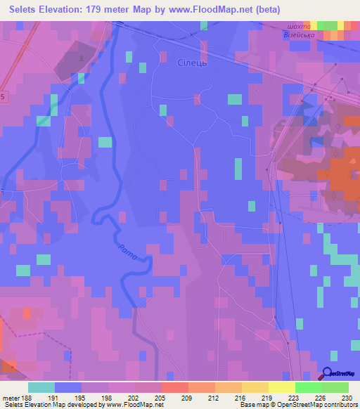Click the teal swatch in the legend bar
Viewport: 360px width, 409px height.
pyautogui.click(x=41, y=387)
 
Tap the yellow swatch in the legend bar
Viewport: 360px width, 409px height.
pyautogui.click(x=282, y=387)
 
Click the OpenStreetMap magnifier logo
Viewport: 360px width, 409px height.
pyautogui.click(x=328, y=375)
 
